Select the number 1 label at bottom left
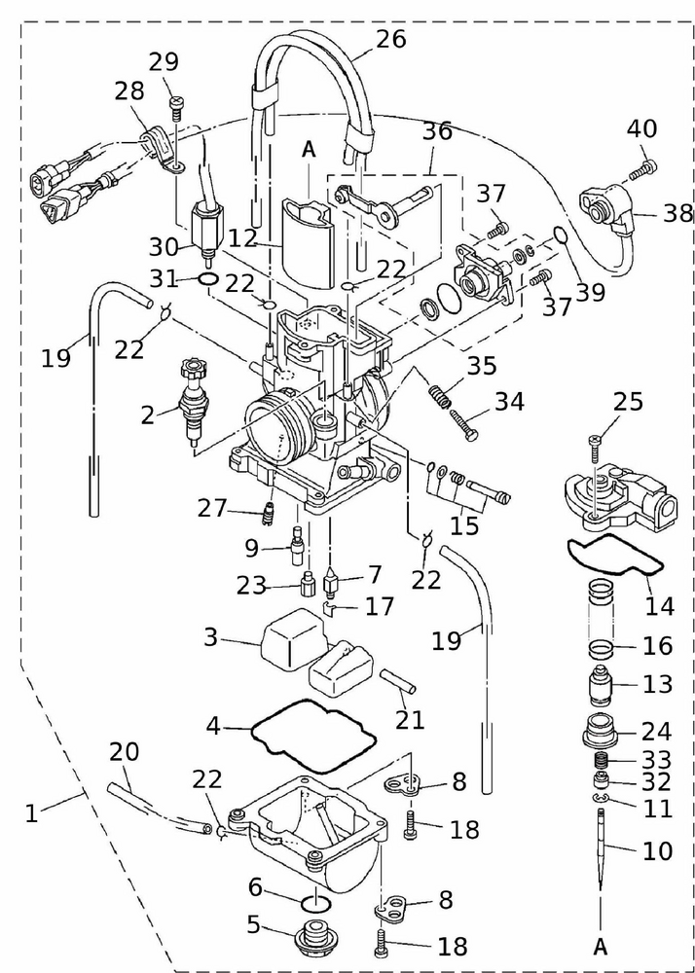31,811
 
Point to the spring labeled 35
440,395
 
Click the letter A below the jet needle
601,945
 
